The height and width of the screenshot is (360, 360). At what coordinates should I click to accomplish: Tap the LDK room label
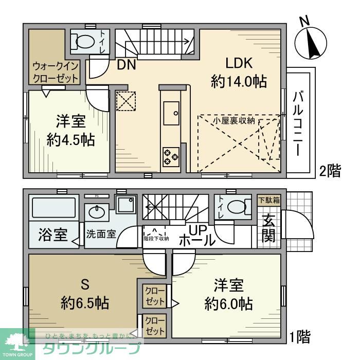tap(238, 63)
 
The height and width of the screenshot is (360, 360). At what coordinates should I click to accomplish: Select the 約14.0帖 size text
tap(238, 81)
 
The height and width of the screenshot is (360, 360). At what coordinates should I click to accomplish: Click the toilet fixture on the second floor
tap(82, 40)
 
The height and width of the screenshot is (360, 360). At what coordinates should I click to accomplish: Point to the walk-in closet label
tap(56, 72)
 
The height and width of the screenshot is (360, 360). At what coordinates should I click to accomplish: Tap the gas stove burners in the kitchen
tap(170, 155)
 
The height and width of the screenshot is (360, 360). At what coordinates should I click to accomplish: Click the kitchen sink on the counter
tap(170, 111)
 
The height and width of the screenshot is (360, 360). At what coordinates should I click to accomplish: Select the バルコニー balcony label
tap(298, 123)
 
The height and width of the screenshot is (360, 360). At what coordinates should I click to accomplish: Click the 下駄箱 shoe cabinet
tap(269, 201)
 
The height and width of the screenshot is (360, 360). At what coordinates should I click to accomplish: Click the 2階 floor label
tap(330, 171)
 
